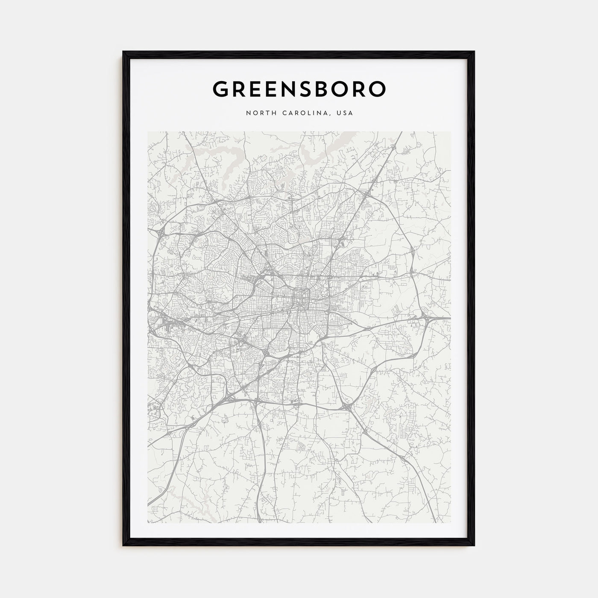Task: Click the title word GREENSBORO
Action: pyautogui.click(x=299, y=88)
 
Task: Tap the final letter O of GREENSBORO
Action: pyautogui.click(x=378, y=88)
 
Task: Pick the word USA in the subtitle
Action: pyautogui.click(x=345, y=113)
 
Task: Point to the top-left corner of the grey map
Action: pyautogui.click(x=148, y=132)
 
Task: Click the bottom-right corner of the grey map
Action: pyautogui.click(x=450, y=523)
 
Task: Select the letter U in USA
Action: pyautogui.click(x=338, y=113)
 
